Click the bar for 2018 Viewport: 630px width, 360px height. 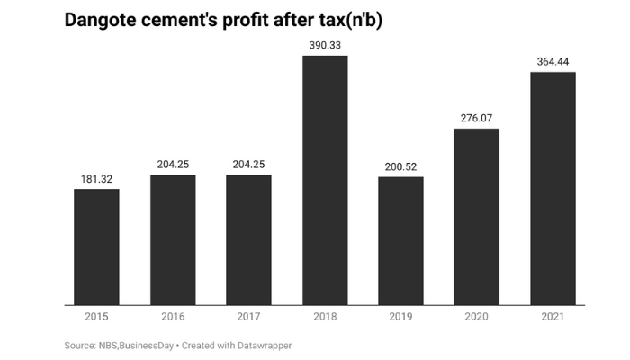pos(325,180)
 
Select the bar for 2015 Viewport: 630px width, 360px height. pos(96,247)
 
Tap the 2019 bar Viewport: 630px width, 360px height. pos(400,240)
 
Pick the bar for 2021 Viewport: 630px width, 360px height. pos(553,188)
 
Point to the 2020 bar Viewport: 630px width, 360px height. pos(476,217)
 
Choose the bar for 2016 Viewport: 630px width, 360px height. pos(173,239)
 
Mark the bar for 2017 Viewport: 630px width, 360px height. pos(248,239)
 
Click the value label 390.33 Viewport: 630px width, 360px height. pos(325,44)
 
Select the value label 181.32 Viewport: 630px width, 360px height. pos(96,179)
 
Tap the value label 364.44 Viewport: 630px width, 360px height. pos(553,61)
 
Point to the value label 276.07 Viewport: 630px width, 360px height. pos(476,118)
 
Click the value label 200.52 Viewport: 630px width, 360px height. pos(400,166)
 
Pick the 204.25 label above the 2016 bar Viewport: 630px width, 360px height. pos(173,164)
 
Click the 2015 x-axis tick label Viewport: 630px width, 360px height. pos(96,317)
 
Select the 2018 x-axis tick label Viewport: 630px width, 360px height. pos(325,317)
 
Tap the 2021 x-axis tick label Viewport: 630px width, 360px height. pos(553,317)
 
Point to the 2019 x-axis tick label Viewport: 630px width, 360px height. pos(400,317)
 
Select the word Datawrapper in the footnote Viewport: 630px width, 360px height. pos(264,346)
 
